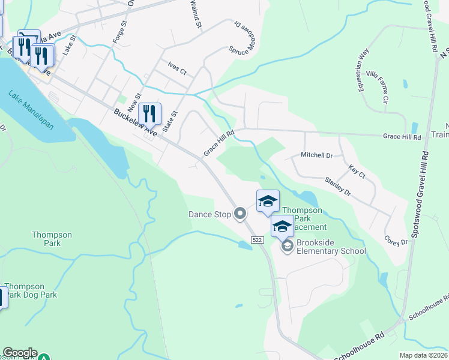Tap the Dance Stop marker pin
(241, 214)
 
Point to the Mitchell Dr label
(316, 155)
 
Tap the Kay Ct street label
(357, 173)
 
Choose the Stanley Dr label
(337, 186)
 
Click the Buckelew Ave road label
(136, 122)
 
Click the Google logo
(20, 353)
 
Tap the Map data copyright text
(424, 355)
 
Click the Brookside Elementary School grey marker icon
(287, 246)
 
